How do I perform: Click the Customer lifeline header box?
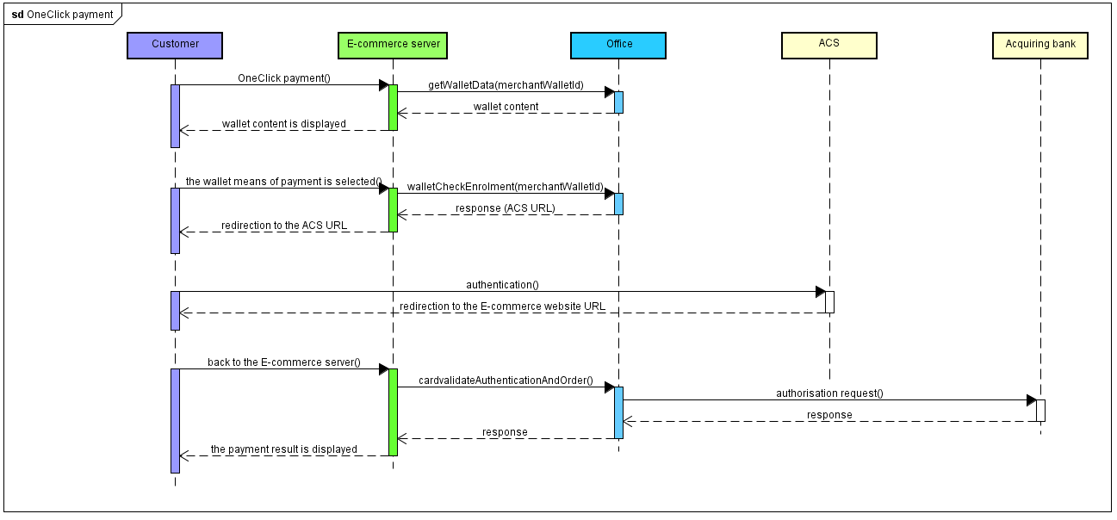[175, 45]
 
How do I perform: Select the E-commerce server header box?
[393, 45]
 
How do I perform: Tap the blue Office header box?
[618, 45]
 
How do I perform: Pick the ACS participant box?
[828, 45]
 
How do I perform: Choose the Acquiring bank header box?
[1039, 45]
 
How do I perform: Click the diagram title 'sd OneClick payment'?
[62, 15]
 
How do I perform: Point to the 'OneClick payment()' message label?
[284, 78]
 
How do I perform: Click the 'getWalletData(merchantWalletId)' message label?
[506, 85]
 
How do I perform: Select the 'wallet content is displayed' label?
[284, 124]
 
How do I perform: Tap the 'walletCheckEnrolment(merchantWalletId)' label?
[505, 187]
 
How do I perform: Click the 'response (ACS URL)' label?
[506, 208]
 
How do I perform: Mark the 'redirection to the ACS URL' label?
[284, 226]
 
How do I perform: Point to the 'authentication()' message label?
[502, 285]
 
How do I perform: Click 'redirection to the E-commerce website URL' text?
[502, 306]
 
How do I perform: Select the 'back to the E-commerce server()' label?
[284, 362]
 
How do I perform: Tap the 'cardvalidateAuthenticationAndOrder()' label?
[506, 381]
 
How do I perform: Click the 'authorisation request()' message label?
[829, 393]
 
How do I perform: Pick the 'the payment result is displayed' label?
[284, 449]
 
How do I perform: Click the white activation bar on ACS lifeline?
[829, 302]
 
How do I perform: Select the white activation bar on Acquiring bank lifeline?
[1040, 411]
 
